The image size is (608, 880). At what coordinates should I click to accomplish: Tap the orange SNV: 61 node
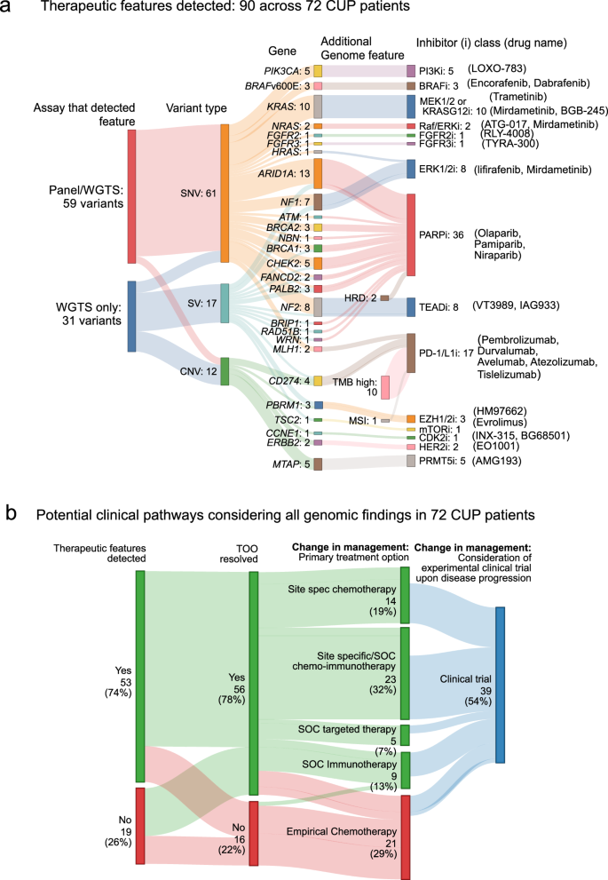click(225, 193)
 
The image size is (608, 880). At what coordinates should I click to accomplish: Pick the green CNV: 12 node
click(225, 371)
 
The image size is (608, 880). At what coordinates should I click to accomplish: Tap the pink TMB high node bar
click(385, 387)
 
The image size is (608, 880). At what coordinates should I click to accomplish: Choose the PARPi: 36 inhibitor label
click(440, 235)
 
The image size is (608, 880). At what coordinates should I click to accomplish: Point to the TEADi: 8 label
click(442, 306)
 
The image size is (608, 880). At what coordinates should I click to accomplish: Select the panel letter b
click(11, 512)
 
